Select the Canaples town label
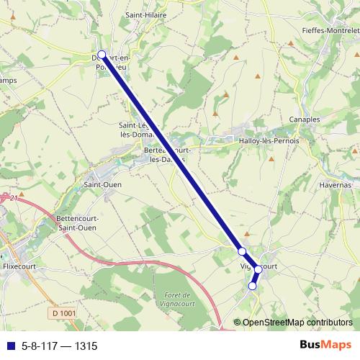303,119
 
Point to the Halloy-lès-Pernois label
269,141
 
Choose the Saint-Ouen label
103,184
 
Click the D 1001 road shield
65,313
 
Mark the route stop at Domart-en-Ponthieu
102,55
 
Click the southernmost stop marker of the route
252,286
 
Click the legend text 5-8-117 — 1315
59,346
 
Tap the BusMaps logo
325,345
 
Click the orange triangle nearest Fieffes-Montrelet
291,43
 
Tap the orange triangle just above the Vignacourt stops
247,233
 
